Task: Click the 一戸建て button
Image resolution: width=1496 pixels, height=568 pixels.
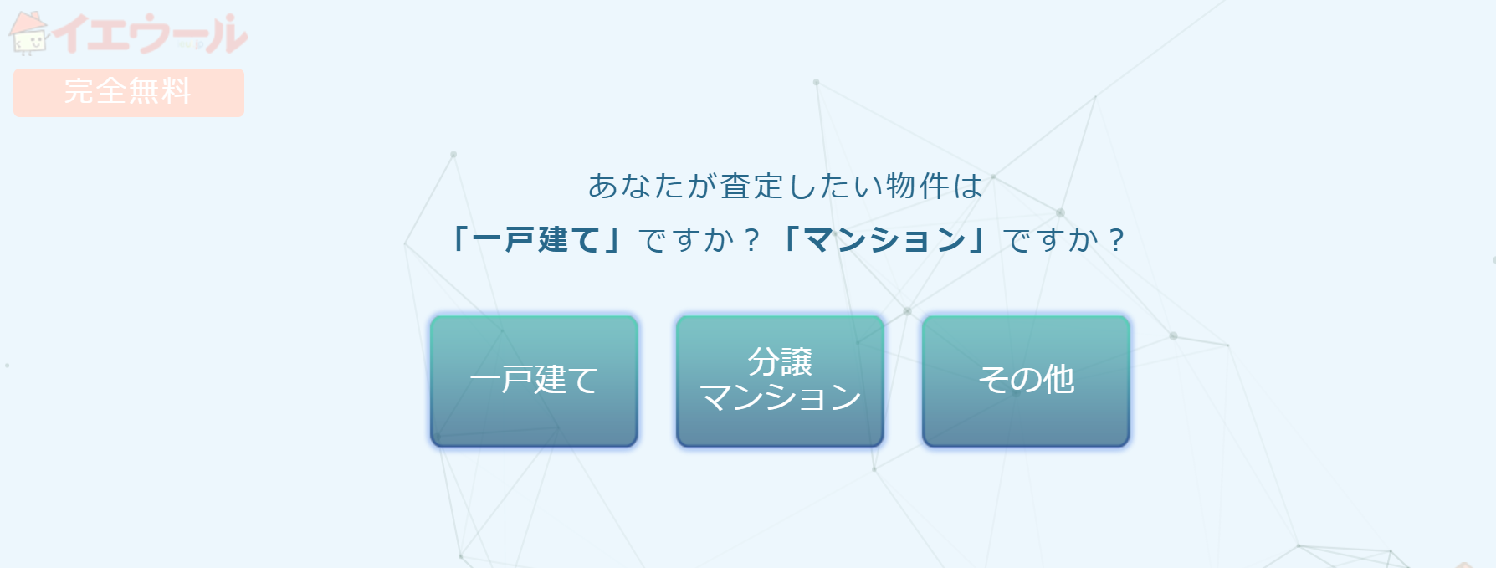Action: (x=534, y=381)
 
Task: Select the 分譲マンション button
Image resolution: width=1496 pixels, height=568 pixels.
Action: (x=780, y=381)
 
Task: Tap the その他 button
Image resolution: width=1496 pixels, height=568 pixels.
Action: (x=1026, y=381)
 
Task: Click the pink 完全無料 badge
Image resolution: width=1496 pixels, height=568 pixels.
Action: (x=129, y=92)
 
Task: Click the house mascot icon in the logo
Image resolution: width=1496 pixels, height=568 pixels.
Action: (x=28, y=33)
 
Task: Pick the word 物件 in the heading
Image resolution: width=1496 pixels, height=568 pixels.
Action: (x=918, y=186)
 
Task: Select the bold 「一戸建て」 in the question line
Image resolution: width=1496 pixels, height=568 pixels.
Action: (x=535, y=240)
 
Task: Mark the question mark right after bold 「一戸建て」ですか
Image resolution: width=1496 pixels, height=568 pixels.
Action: (x=751, y=241)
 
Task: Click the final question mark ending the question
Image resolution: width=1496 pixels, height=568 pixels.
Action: (x=1115, y=241)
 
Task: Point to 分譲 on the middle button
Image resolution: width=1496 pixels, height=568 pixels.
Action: (x=780, y=362)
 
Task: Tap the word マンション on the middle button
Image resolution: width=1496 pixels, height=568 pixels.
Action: (x=780, y=397)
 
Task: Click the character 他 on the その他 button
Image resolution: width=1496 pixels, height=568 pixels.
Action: (x=1058, y=380)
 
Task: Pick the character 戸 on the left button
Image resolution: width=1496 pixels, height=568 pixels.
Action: (x=518, y=381)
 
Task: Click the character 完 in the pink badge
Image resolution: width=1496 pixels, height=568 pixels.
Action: (x=80, y=91)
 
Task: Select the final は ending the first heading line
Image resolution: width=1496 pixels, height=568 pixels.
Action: (x=967, y=186)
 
